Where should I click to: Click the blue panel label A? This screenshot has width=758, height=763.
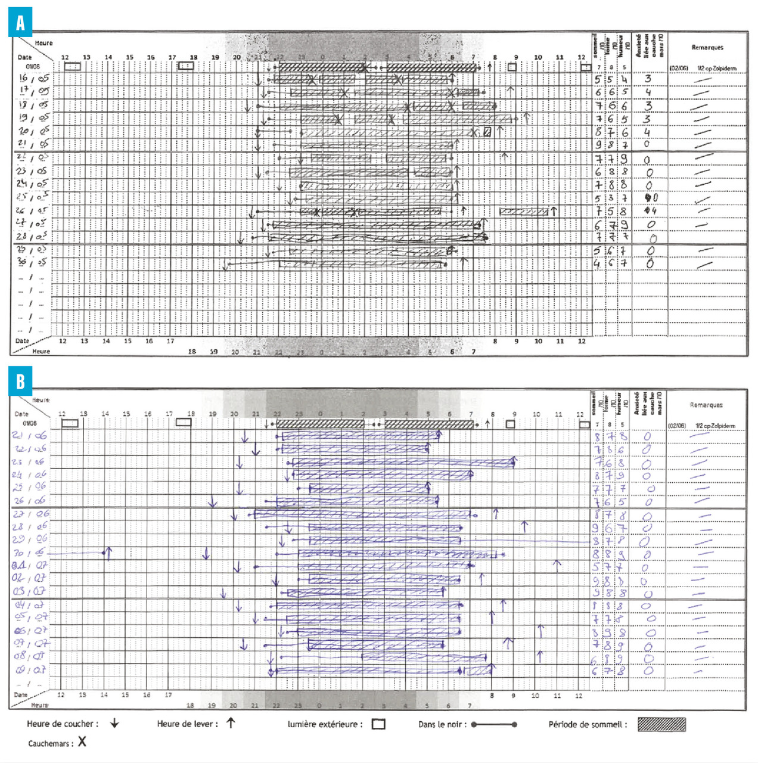pyautogui.click(x=20, y=23)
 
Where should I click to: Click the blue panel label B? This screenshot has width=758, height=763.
pyautogui.click(x=20, y=380)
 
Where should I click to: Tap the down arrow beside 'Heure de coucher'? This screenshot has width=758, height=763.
pyautogui.click(x=114, y=724)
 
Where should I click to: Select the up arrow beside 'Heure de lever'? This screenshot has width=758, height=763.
pyautogui.click(x=231, y=723)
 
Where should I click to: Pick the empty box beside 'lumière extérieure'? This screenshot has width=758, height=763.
pyautogui.click(x=378, y=724)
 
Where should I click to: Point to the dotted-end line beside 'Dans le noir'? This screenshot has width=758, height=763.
pyautogui.click(x=494, y=725)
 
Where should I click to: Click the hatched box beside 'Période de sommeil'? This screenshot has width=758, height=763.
pyautogui.click(x=661, y=724)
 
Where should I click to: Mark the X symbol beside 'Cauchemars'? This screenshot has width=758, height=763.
pyautogui.click(x=82, y=742)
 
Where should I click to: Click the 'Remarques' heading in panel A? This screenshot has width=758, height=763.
pyautogui.click(x=707, y=48)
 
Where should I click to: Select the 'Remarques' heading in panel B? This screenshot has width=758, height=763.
pyautogui.click(x=706, y=405)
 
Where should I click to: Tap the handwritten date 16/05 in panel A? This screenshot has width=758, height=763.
pyautogui.click(x=33, y=78)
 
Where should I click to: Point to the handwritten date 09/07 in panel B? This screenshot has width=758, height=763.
pyautogui.click(x=30, y=670)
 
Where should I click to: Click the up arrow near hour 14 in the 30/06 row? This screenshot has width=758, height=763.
pyautogui.click(x=108, y=554)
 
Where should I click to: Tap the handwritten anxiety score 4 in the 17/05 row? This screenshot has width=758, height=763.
pyautogui.click(x=648, y=92)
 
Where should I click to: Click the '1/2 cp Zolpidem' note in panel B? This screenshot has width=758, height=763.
pyautogui.click(x=715, y=426)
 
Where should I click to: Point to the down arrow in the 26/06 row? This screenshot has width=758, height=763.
pyautogui.click(x=213, y=503)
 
